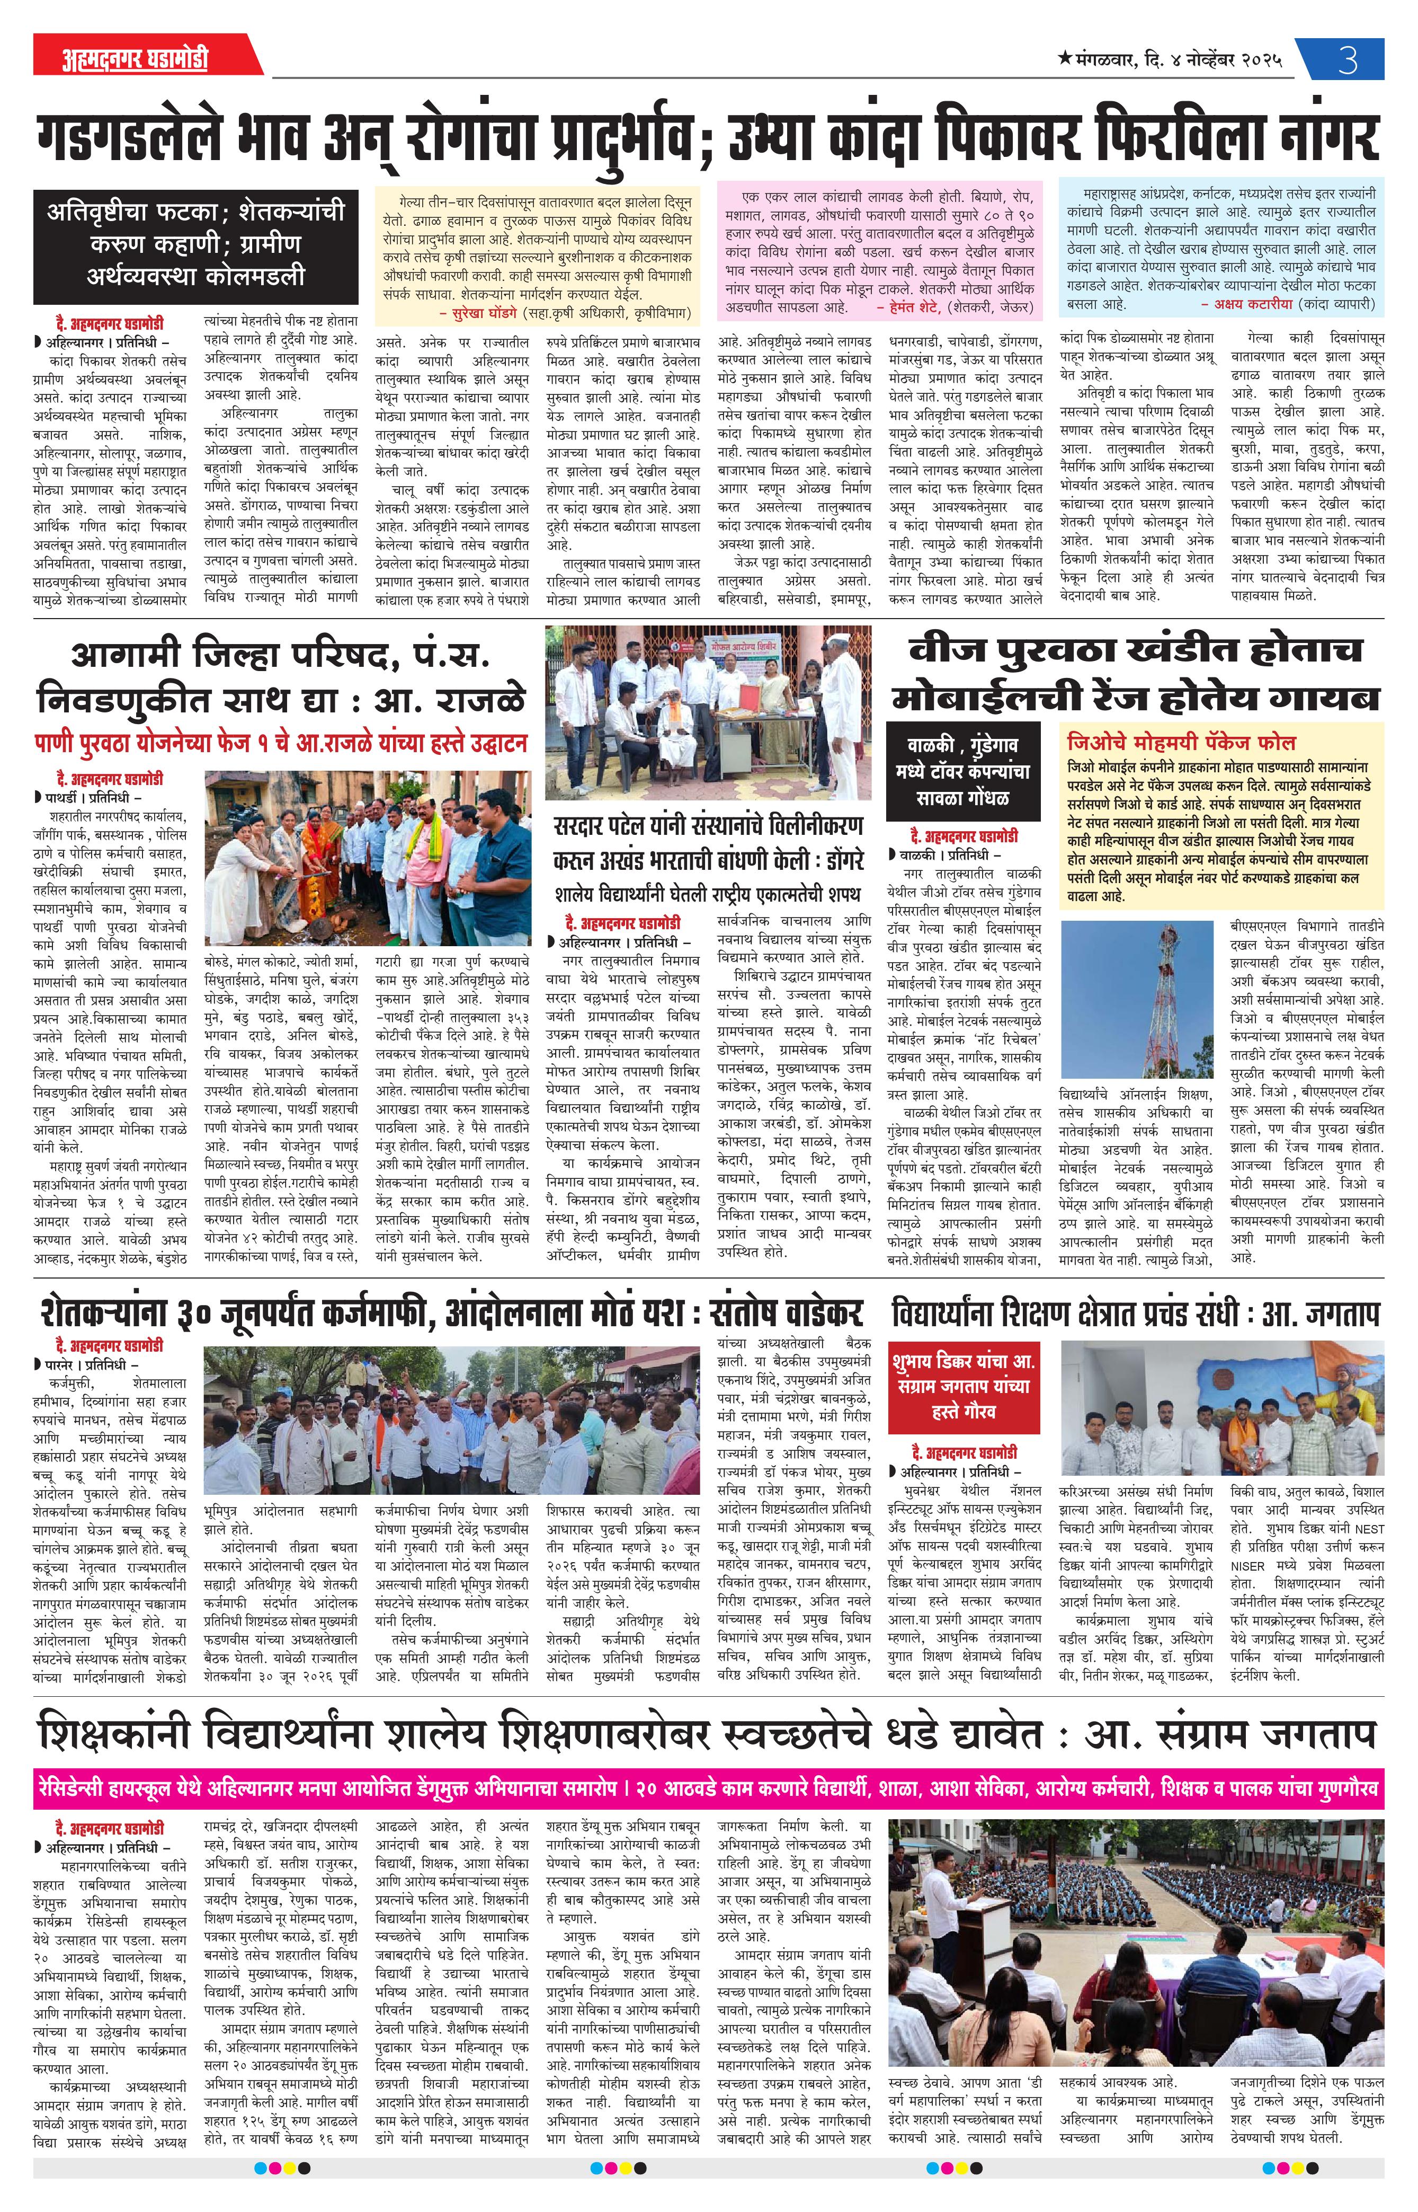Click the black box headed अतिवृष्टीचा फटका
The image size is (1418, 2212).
pyautogui.click(x=195, y=244)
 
